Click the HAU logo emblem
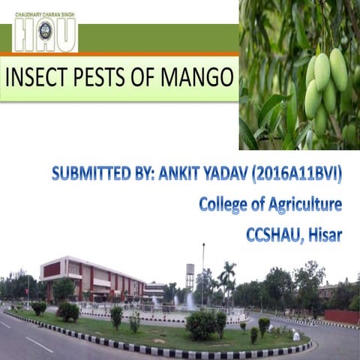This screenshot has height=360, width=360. tap(46, 32)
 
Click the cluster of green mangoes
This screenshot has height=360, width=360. tap(325, 86)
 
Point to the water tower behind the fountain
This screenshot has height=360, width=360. tap(190, 276)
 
